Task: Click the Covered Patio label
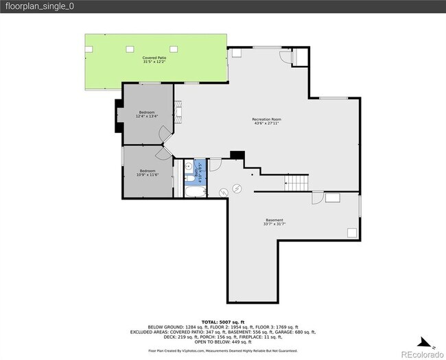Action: [154, 58]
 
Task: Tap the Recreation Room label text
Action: [267, 119]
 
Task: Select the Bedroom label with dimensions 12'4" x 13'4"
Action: [148, 112]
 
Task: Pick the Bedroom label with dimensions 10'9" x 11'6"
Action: [148, 171]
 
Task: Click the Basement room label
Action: [274, 220]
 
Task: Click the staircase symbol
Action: [297, 183]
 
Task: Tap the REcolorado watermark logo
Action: [421, 354]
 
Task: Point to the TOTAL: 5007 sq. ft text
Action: [222, 322]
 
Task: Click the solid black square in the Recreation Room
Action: [237, 155]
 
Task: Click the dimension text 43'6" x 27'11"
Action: [267, 124]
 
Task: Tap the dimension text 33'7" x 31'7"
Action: [274, 224]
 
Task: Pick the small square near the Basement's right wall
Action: [351, 233]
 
